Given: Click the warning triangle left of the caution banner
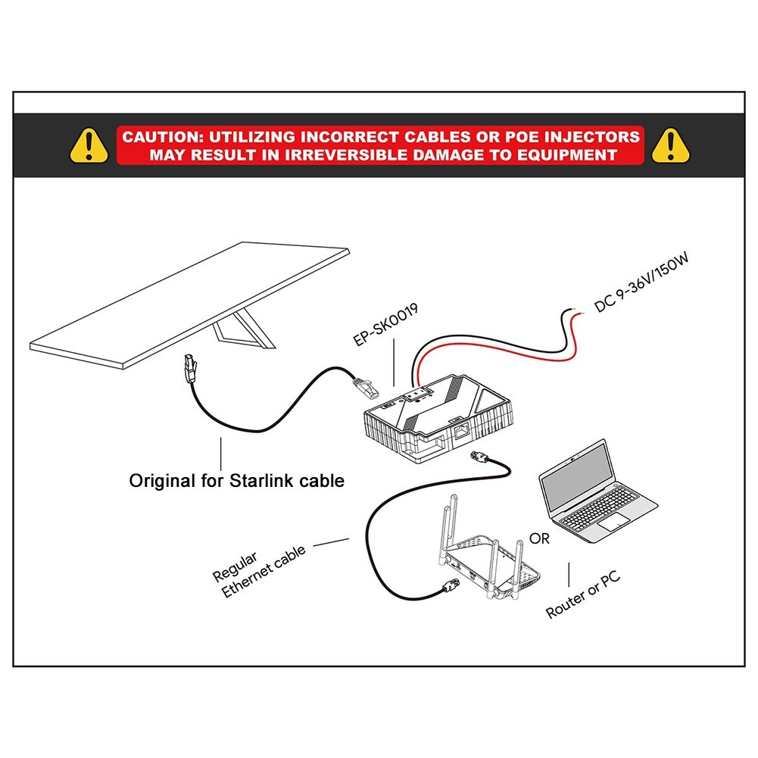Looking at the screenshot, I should [x=89, y=145].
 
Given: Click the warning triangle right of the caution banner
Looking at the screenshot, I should [x=669, y=145].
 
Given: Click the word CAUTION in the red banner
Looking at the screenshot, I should [x=160, y=138].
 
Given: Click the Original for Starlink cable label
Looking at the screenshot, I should [x=236, y=480].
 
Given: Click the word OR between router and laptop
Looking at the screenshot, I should [x=540, y=539].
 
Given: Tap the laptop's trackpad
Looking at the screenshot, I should [x=614, y=521].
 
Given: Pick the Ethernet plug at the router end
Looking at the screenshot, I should [x=450, y=585].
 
